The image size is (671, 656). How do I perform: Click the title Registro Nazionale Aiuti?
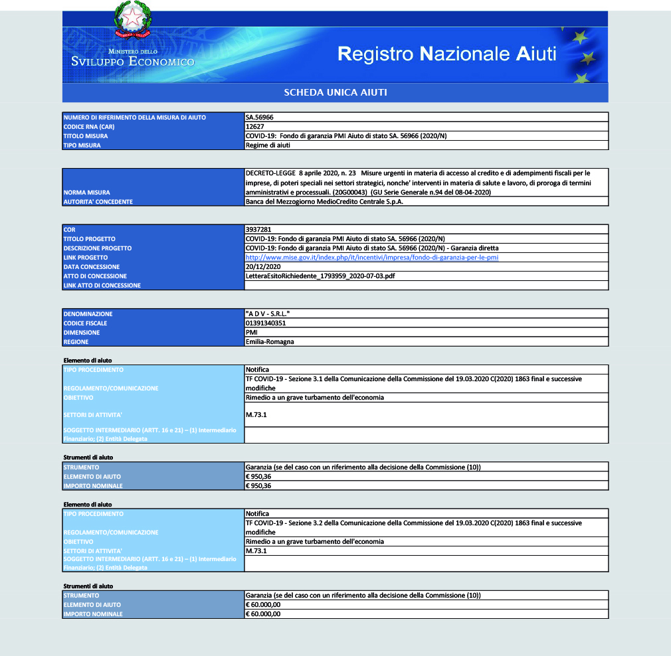[x=446, y=54]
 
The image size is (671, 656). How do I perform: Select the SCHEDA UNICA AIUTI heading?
[x=335, y=92]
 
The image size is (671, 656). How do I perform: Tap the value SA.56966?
[x=260, y=118]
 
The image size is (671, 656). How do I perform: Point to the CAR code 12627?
[x=256, y=127]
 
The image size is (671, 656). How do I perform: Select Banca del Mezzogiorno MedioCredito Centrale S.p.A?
[x=324, y=202]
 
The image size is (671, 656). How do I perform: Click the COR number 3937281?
[x=259, y=230]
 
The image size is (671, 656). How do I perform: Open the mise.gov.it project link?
[x=372, y=258]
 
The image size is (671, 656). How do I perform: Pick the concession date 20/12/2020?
[x=262, y=267]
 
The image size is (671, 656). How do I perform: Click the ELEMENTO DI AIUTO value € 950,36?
[x=258, y=476]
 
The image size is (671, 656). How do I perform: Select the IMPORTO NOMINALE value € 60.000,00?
[x=263, y=614]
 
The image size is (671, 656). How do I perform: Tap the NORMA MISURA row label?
[x=87, y=193]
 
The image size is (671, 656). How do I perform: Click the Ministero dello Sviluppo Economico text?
[x=133, y=58]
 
